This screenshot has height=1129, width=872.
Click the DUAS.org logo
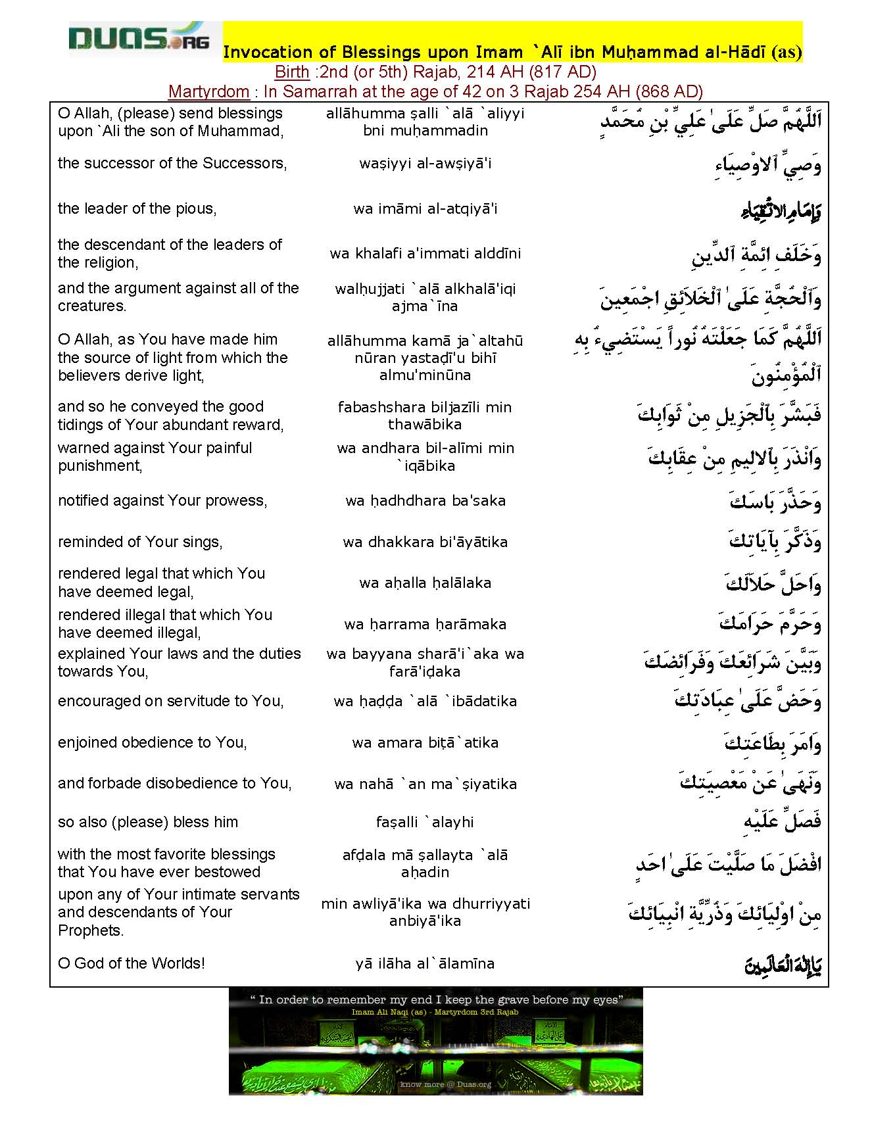click(139, 39)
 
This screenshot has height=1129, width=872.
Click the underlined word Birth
click(291, 72)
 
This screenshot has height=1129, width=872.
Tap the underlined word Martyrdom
click(208, 91)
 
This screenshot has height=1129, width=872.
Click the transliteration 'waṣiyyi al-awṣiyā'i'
click(425, 163)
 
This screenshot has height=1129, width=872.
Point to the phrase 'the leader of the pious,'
click(137, 208)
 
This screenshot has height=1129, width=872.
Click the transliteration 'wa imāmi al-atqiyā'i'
click(425, 209)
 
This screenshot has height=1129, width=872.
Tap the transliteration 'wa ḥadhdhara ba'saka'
click(425, 500)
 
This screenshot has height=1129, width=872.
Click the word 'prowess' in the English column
click(234, 500)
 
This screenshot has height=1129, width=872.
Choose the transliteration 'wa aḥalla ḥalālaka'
click(425, 583)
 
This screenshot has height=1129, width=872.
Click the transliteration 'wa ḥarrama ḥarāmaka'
click(425, 624)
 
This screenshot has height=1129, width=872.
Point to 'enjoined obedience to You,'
click(152, 742)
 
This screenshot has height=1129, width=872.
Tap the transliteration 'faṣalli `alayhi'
click(425, 822)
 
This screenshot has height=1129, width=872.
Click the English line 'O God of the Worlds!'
click(131, 963)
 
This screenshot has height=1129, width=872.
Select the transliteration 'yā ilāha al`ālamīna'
click(425, 964)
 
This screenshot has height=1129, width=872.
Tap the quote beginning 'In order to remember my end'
click(435, 999)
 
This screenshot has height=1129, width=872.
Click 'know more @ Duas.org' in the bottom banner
click(446, 1084)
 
